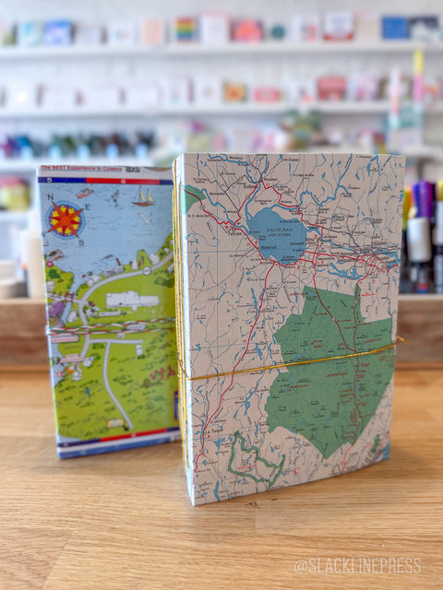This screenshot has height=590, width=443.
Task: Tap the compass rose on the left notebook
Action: point(66,219)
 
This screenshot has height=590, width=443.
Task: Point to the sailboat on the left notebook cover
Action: point(143,196)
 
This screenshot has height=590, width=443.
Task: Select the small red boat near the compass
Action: point(86,193)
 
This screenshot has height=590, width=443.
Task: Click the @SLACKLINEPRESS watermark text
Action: point(357,565)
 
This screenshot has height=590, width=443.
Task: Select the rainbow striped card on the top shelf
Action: point(186,29)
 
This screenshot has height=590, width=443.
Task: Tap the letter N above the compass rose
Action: point(50,196)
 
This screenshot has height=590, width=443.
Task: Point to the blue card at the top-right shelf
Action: point(396,29)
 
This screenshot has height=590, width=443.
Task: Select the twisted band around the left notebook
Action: point(111,328)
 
